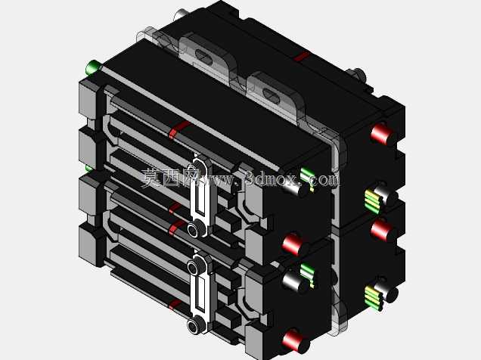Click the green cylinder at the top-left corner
93,67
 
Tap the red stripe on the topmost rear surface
302,56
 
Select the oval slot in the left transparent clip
204,57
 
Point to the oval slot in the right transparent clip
272,96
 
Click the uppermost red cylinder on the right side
382,134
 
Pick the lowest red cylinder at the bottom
295,340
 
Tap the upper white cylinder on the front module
295,187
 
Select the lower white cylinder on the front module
295,282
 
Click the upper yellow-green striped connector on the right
374,201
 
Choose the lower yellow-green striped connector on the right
374,297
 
